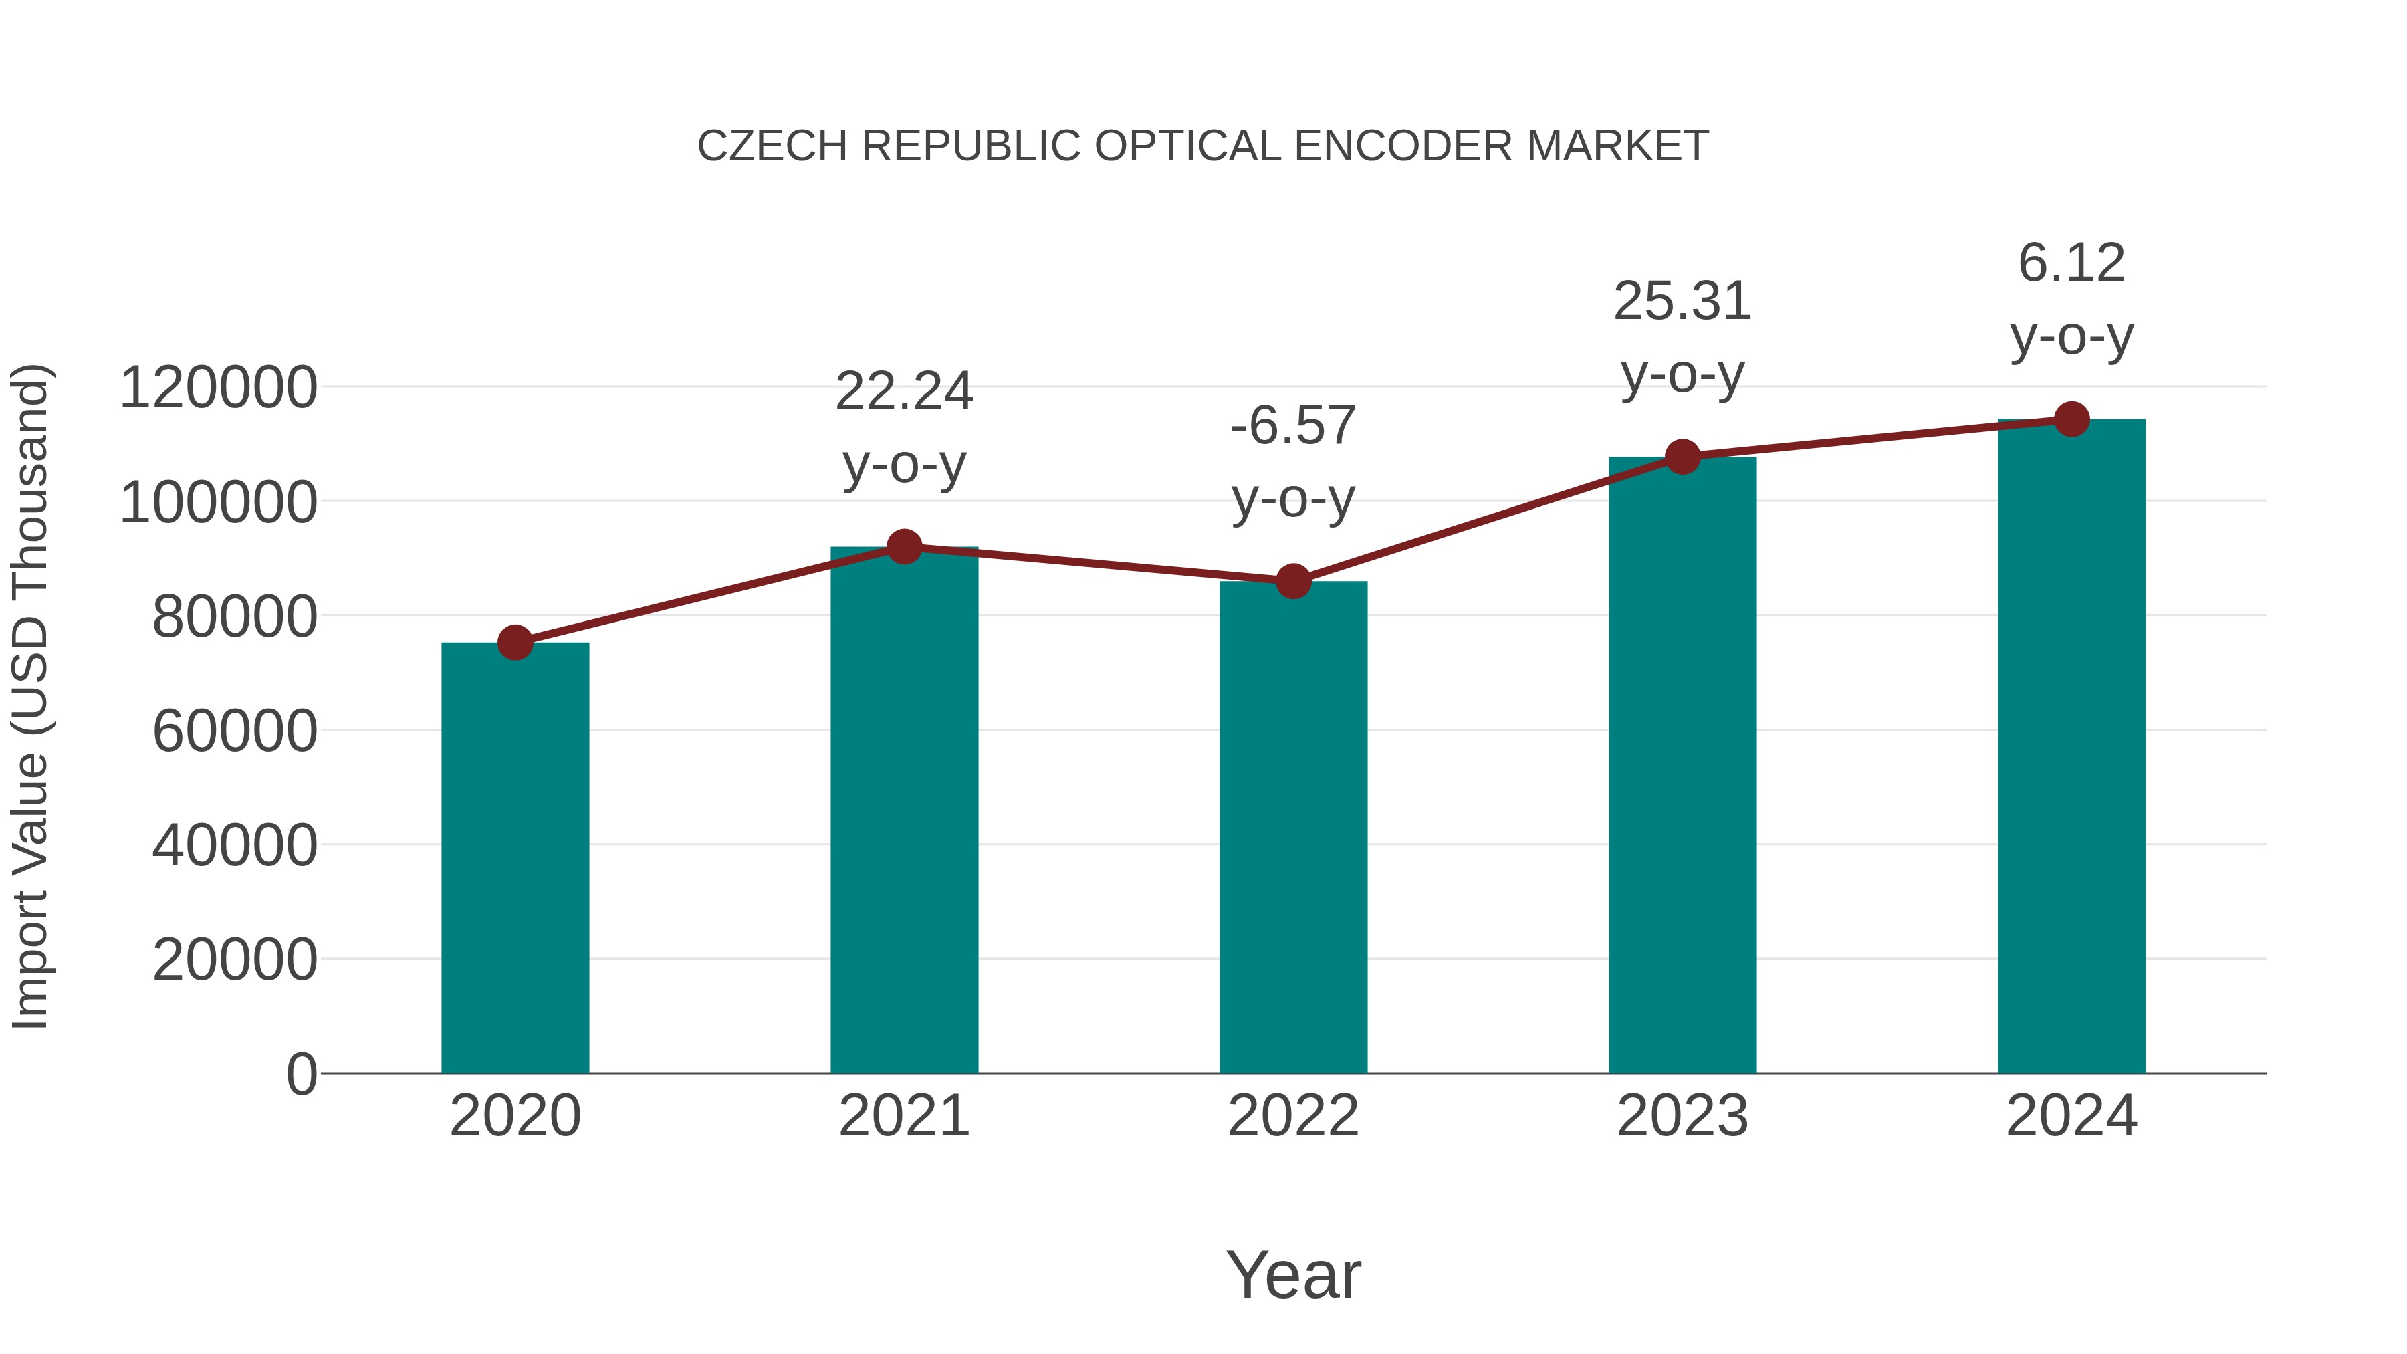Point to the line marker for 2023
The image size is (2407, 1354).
point(1682,457)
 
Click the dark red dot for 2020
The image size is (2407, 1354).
point(515,643)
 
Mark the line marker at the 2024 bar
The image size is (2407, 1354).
point(2071,419)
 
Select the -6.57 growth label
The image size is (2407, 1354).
point(1293,426)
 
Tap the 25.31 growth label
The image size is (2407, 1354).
point(1682,302)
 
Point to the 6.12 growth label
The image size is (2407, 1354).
point(2071,263)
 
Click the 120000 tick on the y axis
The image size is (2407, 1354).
point(219,388)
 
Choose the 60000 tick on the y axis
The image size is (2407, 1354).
point(235,731)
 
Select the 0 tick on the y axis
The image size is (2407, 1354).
point(302,1074)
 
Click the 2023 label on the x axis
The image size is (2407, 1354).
point(1682,1116)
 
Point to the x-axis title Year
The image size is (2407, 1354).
point(1293,1274)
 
